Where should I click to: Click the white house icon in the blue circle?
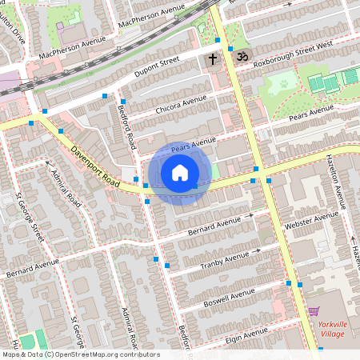pyautogui.click(x=180, y=173)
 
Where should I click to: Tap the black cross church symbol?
pyautogui.click(x=213, y=59)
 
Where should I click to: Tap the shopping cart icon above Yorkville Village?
pyautogui.click(x=314, y=311)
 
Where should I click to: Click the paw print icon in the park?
pyautogui.click(x=282, y=82)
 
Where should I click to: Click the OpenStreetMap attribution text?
pyautogui.click(x=80, y=354)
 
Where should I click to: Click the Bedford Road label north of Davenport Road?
pyautogui.click(x=126, y=126)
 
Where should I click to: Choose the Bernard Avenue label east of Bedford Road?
pyautogui.click(x=214, y=222)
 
